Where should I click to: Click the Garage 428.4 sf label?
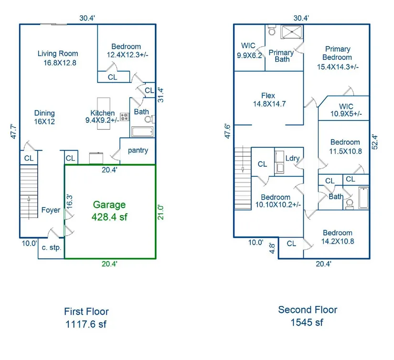(x=109, y=210)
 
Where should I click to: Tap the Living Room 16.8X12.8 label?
(x=57, y=58)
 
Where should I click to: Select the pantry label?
(x=138, y=150)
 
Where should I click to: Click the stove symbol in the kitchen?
(x=124, y=116)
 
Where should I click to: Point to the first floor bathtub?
(x=142, y=132)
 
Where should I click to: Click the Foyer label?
(x=51, y=210)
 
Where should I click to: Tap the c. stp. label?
(x=50, y=247)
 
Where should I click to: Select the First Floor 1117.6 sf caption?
(x=86, y=317)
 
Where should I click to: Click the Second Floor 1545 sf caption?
(x=308, y=316)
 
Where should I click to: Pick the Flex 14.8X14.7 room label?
(x=269, y=99)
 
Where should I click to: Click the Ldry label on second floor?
(x=292, y=159)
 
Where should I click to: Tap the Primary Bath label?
(x=281, y=56)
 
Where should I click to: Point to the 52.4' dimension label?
(x=375, y=142)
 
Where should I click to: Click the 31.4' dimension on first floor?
(x=161, y=94)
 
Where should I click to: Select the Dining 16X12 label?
(x=44, y=117)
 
